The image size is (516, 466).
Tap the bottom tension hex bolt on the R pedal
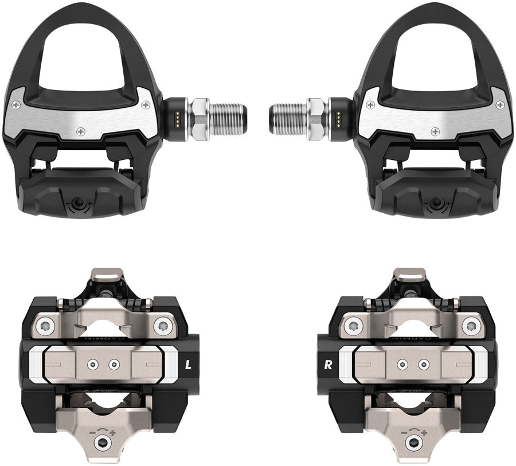click(414, 444)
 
